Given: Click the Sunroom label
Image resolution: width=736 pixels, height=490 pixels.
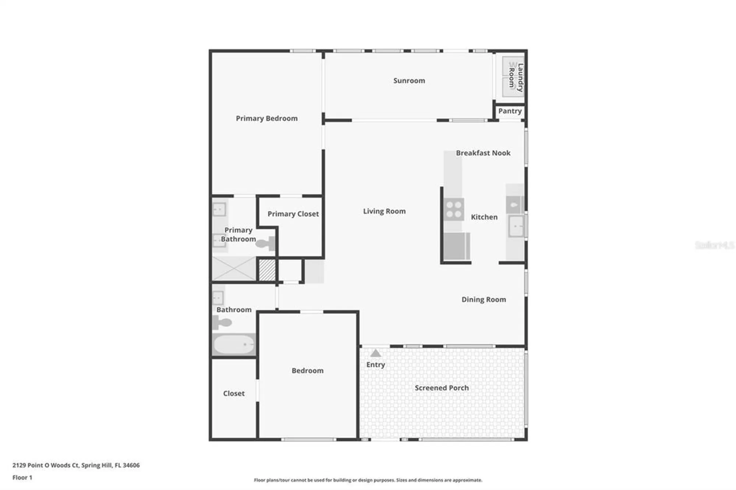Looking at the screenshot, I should coord(409,81).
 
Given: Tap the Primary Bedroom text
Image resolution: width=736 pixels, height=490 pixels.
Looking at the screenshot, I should coord(266,118).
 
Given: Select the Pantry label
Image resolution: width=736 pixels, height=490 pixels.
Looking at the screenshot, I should coord(510,111).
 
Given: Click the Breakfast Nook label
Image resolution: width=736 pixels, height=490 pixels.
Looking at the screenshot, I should coord(483,153).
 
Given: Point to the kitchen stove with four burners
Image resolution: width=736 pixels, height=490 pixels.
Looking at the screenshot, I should coord(454,209).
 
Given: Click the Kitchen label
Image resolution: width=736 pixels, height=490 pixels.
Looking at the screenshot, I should coord(484,217).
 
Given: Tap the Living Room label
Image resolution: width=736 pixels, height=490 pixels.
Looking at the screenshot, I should coord(384,211).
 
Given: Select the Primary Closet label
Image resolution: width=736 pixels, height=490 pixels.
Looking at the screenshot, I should coord(293,214).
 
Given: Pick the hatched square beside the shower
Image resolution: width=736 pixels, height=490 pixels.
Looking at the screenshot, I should coord(267,270).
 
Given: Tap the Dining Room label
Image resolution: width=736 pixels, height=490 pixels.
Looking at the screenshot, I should coord(484,299).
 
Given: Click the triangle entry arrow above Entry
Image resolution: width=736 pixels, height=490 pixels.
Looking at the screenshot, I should coord(375,354).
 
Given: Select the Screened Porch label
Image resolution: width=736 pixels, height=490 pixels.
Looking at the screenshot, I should coord(442,388).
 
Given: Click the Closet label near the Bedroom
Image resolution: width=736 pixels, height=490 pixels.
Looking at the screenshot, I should coord(234,393).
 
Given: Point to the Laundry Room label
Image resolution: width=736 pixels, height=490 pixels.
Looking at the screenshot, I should coord(516,77).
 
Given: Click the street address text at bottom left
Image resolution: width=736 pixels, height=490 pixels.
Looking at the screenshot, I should coord(76,465).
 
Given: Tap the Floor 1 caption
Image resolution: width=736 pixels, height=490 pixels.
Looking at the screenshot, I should coord(22,477).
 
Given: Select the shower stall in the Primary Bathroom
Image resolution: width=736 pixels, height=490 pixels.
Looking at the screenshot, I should coord(234,269).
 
